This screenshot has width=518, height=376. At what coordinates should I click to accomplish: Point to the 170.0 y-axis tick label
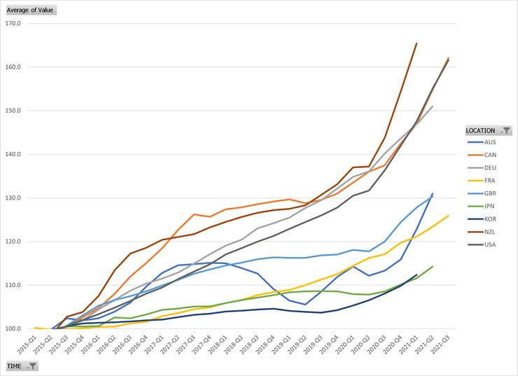13,23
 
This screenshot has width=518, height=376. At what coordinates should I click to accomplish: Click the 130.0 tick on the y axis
13,198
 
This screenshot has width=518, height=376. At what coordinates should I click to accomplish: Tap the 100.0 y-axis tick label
13,329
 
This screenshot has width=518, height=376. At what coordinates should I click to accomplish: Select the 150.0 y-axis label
13,111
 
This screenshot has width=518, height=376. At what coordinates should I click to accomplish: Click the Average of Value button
30,10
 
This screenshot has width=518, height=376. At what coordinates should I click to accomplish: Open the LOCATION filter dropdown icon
506,130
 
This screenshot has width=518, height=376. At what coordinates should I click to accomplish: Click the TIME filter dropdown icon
33,366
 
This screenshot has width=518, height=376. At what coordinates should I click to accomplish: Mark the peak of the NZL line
416,43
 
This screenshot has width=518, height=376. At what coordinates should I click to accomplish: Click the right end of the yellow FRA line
448,216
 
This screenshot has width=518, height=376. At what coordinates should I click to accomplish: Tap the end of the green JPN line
433,267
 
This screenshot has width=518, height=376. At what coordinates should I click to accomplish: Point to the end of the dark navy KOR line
416,274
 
